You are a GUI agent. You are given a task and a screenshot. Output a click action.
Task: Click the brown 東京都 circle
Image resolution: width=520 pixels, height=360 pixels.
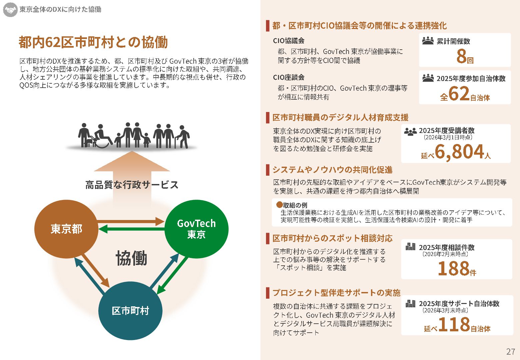point(66,229)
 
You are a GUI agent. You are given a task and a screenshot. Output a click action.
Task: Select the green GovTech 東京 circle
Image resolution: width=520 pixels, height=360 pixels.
point(196,229)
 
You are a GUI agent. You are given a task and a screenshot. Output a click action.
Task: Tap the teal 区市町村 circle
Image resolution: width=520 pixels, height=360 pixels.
point(130,311)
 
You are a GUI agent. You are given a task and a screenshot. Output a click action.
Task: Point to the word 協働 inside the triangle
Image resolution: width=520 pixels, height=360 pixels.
point(131,259)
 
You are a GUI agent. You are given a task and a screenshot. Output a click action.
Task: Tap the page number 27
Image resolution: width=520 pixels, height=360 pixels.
point(510,352)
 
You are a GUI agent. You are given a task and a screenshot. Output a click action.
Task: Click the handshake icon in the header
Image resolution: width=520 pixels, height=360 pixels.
point(10,10)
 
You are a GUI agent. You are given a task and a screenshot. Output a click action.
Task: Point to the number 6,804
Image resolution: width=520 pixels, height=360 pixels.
point(459,152)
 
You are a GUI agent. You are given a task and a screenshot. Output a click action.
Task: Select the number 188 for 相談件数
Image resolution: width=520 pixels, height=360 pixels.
point(453,269)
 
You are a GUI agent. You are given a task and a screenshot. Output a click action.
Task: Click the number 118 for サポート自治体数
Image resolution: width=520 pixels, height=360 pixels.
point(454,324)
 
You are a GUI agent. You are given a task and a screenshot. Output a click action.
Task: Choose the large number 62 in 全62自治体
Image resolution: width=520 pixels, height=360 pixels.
point(459,94)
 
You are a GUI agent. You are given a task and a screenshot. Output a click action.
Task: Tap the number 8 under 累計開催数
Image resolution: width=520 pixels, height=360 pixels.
point(461,56)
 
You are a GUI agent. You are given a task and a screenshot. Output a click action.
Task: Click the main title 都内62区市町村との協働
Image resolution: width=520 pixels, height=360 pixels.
point(93,42)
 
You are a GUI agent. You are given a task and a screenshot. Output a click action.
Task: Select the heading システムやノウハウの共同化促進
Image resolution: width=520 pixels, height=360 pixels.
point(332,170)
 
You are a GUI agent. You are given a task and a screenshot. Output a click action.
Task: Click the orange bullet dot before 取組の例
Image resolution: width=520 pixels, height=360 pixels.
point(279,204)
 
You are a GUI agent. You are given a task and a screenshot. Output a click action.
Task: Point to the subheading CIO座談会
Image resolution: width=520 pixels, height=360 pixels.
point(289,77)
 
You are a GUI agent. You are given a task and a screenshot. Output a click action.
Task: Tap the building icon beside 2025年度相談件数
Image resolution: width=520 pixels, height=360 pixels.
point(410,247)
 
